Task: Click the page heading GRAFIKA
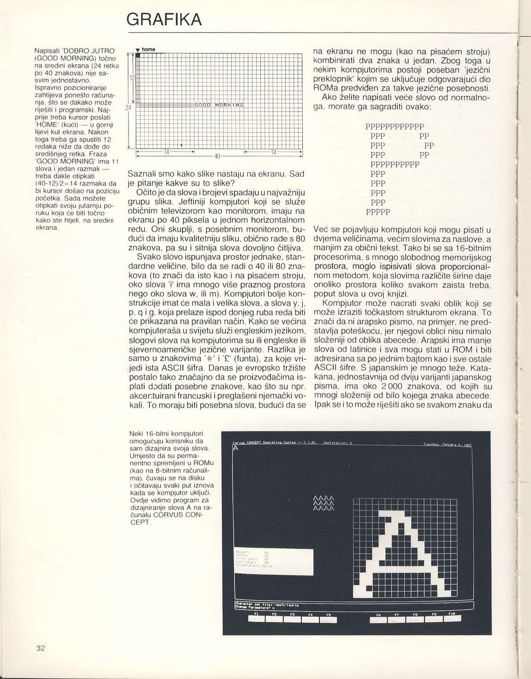point(164,20)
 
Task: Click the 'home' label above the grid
point(148,49)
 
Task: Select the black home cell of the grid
point(138,55)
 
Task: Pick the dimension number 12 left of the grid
point(132,78)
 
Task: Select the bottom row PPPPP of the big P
point(378,211)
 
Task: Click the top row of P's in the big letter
point(395,126)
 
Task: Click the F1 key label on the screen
point(256,614)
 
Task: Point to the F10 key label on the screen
point(451,614)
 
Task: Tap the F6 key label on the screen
point(378,614)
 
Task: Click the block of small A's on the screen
point(324,503)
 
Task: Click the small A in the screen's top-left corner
point(236,449)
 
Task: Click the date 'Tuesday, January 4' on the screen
point(447,444)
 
